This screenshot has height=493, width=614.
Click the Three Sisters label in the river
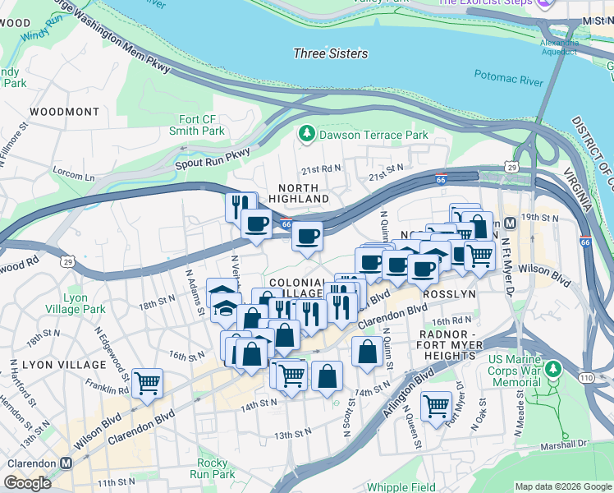pos(331,53)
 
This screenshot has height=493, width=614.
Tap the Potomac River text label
pos(508,78)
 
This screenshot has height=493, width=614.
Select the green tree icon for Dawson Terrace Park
pos(307,134)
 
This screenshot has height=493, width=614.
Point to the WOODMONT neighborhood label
pos(64,111)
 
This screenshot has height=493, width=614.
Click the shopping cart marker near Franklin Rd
pos(147,383)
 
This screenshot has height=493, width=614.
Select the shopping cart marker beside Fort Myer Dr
pos(436,404)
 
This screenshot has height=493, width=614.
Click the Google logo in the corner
pos(27,483)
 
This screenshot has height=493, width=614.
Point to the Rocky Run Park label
pos(212,468)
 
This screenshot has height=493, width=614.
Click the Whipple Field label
pos(401,486)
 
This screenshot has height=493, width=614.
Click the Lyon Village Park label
pos(76,303)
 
